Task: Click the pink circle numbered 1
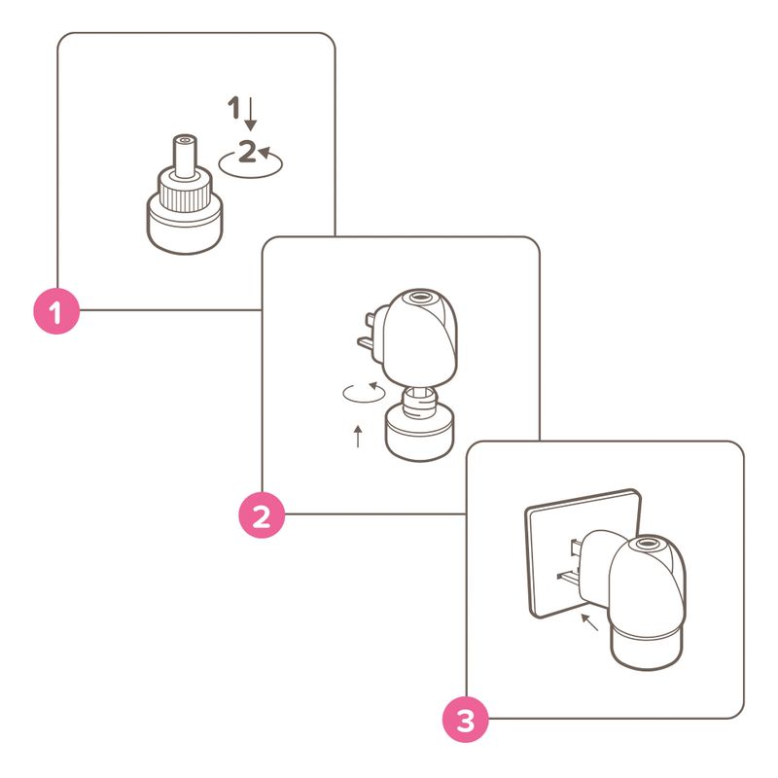(56, 311)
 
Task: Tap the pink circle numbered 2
(262, 515)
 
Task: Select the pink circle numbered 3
(466, 720)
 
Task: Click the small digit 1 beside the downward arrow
(233, 107)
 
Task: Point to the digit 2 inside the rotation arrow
(247, 152)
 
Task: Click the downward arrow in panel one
(251, 114)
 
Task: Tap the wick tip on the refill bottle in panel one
(185, 140)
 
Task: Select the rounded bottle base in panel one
(185, 230)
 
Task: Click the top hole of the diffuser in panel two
(416, 299)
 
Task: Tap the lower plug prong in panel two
(370, 342)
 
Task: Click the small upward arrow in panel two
(358, 436)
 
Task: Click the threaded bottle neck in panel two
(420, 403)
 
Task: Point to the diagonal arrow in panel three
(590, 622)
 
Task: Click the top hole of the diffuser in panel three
(646, 544)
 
